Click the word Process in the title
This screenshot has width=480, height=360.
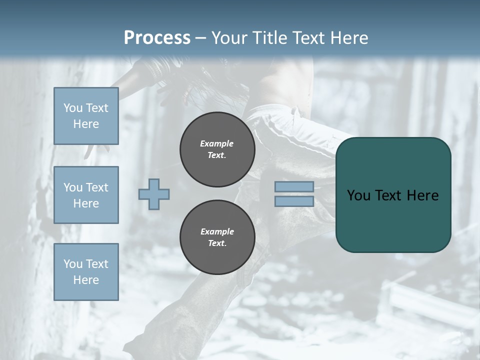point(157,38)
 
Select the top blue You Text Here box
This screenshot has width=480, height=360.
point(86,116)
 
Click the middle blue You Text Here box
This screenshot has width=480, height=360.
point(86,195)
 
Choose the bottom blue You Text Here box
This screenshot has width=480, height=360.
point(86,272)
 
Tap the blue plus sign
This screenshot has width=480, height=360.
point(154,194)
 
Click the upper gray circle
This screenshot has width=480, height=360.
point(217,149)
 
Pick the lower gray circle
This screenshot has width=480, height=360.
point(217,237)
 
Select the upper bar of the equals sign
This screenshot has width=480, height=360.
point(294,187)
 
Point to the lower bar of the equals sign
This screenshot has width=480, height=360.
point(294,201)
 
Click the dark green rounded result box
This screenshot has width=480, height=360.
point(393,195)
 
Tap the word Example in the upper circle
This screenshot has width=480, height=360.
point(217,143)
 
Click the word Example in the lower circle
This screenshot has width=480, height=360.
point(217,231)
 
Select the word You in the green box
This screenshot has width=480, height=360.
point(358,195)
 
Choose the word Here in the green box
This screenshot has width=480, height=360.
point(423,195)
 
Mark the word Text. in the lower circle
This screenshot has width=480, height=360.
point(217,243)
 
